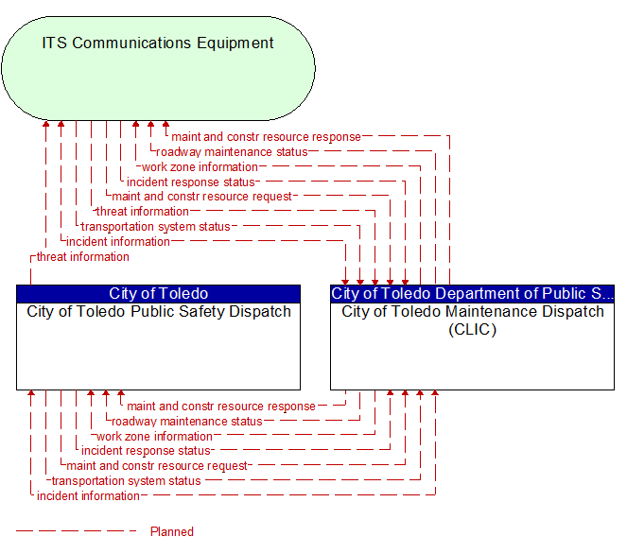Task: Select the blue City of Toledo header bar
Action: coord(158,294)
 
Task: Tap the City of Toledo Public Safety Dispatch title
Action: coord(158,312)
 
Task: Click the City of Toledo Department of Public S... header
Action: coord(472,294)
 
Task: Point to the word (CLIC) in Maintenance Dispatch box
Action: coord(472,330)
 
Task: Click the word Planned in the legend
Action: coord(171,532)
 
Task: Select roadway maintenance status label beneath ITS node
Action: coord(232,152)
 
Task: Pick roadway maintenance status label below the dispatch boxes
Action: coord(186,422)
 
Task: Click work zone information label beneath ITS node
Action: coord(200,167)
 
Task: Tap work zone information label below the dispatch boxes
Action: coord(154,437)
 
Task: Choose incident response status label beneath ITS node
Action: coord(191,182)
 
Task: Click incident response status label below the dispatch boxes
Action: coord(146,451)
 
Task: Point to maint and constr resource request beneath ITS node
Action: coord(201,197)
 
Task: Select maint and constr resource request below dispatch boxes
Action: coord(157,466)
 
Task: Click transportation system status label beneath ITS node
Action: coord(155,227)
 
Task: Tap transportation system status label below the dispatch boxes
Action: coord(126,481)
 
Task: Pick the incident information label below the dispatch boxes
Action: coord(88,496)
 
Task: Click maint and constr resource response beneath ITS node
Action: coord(266,137)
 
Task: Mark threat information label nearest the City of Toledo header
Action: coord(82,257)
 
